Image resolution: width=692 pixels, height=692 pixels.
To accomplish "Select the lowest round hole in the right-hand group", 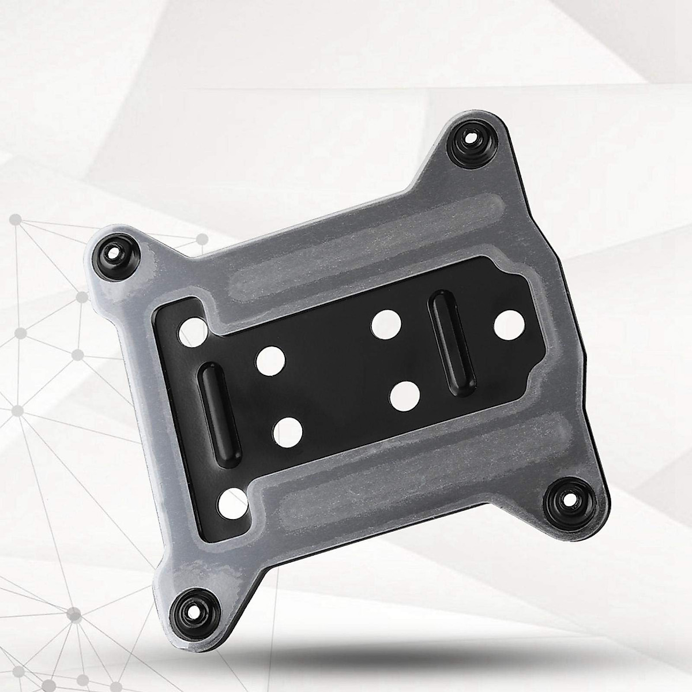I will [404, 395].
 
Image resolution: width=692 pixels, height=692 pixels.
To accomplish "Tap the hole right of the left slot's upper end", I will [270, 360].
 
